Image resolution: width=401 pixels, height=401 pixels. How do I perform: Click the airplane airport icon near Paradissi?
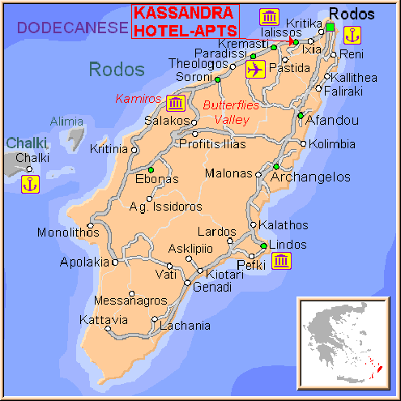click(x=254, y=70)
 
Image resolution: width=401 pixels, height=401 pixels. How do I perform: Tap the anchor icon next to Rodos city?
click(x=352, y=35)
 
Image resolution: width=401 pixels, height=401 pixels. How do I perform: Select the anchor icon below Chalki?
click(x=29, y=184)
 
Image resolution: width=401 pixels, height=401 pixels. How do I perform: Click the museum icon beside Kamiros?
click(x=176, y=103)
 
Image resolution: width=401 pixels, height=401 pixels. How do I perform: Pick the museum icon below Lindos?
click(x=282, y=261)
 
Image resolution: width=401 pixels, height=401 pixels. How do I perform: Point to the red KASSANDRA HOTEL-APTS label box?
click(x=185, y=21)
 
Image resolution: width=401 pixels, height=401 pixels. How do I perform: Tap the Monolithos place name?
click(x=68, y=233)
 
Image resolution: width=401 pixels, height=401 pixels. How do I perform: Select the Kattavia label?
click(x=103, y=320)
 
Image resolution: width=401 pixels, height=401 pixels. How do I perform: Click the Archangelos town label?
click(x=310, y=177)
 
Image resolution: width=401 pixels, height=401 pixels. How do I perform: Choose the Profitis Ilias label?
click(x=211, y=145)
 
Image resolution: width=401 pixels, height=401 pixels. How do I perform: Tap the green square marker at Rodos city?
click(x=331, y=27)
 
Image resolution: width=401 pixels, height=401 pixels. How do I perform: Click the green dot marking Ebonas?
click(x=151, y=170)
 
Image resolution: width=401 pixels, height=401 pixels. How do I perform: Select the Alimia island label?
click(x=66, y=122)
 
